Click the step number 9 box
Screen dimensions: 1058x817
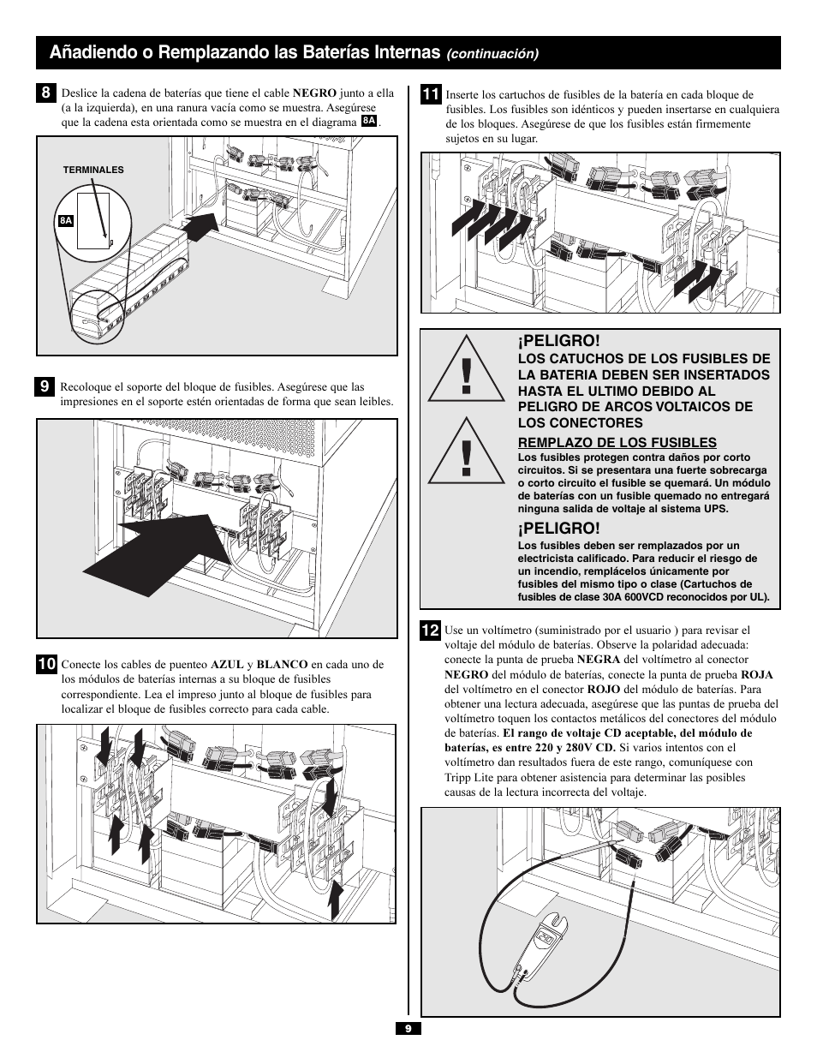[x=45, y=386]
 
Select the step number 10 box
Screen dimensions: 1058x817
[x=46, y=664]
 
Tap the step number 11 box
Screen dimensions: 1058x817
[x=430, y=94]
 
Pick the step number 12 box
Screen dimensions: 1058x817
[x=430, y=631]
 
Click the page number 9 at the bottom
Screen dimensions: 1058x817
[x=408, y=1029]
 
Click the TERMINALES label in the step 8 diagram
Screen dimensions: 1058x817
[x=93, y=170]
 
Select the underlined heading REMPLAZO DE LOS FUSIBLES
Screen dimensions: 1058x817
[x=617, y=442]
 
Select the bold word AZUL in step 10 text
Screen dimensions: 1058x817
[x=227, y=664]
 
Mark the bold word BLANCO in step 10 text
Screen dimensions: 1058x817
[x=282, y=664]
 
